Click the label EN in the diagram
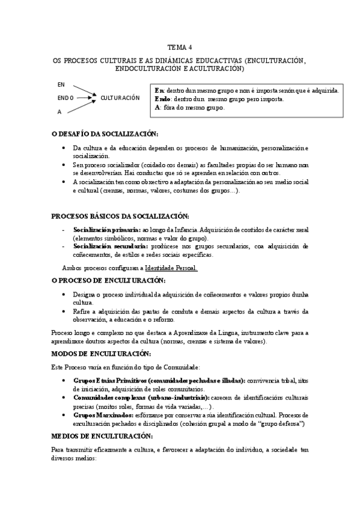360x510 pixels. pos(61,84)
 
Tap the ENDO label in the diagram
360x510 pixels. pos(66,97)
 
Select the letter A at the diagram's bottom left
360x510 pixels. pos(59,112)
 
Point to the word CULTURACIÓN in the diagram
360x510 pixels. pos(120,97)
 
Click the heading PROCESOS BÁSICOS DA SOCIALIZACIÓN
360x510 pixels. pos(120,216)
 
